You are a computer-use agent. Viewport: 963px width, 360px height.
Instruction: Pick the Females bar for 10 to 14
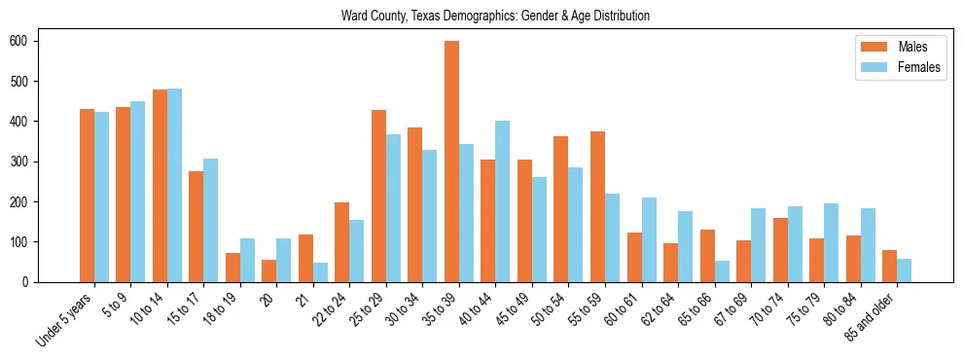click(174, 185)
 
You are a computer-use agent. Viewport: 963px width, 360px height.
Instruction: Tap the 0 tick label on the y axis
click(28, 282)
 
